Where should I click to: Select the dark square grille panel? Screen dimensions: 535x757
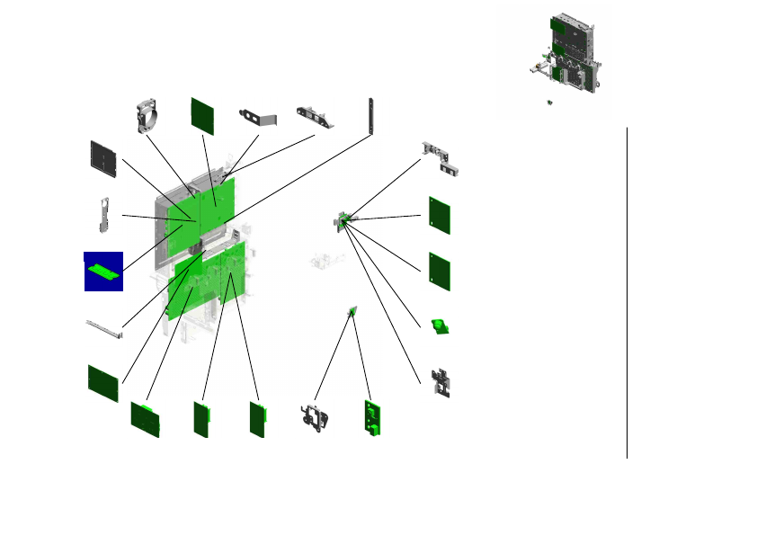pos(105,158)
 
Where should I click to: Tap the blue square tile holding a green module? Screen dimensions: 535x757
pos(103,271)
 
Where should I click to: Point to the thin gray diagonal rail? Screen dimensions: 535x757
pos(105,329)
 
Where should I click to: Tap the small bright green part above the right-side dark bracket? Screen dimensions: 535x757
pos(439,325)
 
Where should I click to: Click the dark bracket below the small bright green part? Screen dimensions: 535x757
pos(441,382)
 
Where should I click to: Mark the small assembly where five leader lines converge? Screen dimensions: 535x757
pos(343,219)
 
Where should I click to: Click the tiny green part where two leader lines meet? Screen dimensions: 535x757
pos(352,312)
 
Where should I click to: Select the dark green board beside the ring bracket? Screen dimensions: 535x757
pos(202,115)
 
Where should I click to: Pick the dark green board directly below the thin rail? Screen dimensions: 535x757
pos(103,383)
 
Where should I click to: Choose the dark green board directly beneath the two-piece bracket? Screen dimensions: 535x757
pos(439,215)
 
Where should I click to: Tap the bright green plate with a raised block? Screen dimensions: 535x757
pos(373,417)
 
